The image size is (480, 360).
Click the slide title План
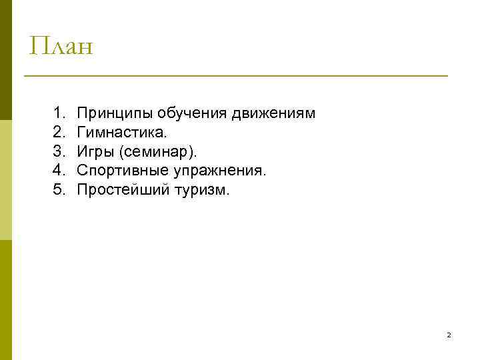[61, 47]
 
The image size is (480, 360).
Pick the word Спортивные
[123, 171]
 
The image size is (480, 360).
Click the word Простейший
[117, 190]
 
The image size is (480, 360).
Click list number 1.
[59, 114]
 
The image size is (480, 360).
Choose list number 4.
[59, 171]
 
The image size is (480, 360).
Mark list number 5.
[59, 190]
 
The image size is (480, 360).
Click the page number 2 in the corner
[449, 335]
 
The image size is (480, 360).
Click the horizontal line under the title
[236, 76]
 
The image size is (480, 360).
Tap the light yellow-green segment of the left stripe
[6, 180]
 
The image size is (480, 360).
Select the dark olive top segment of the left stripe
[6, 60]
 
